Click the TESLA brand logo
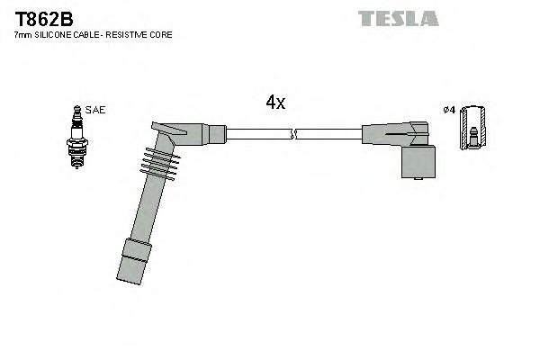click(398, 18)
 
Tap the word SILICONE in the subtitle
click(57, 34)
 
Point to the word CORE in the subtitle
click(161, 34)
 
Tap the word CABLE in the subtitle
click(90, 34)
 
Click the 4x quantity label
click(275, 103)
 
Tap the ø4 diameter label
click(449, 110)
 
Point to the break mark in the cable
click(293, 135)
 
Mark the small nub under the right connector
click(420, 182)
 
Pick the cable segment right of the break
click(328, 135)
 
